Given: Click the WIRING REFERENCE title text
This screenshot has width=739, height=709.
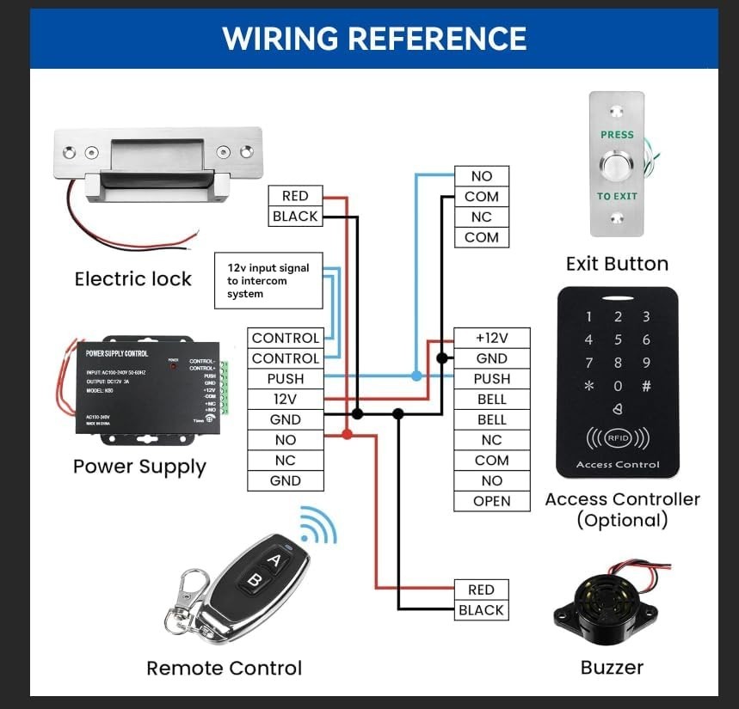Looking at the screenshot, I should point(373,39).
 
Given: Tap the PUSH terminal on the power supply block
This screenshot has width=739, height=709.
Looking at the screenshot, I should point(285,379).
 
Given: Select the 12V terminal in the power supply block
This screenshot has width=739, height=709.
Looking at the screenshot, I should point(285,400).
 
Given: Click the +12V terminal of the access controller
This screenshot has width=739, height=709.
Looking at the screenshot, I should point(491,338).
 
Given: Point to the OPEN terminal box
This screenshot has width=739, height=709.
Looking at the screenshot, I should point(491,501).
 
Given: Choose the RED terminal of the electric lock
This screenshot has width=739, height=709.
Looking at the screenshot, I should point(295,196).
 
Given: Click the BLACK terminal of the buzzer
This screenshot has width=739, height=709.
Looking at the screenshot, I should point(481,610).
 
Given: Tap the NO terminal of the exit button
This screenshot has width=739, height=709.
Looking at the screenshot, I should point(481,176).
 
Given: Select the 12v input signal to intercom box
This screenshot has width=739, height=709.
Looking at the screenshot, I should point(268,280).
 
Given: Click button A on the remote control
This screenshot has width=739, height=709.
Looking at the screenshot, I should point(274,561).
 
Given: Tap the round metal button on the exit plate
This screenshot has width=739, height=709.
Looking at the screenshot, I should point(616,165).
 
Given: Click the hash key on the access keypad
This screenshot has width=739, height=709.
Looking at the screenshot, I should point(646,387).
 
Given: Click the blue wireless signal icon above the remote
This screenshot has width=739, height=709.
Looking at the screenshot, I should point(317,526).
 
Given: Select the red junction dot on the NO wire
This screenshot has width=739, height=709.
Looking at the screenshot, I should point(346,435).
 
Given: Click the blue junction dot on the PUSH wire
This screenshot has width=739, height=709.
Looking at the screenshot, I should point(416,376).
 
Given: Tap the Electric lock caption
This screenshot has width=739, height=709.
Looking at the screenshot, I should point(133,278).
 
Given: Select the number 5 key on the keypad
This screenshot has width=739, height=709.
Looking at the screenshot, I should point(618,340).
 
